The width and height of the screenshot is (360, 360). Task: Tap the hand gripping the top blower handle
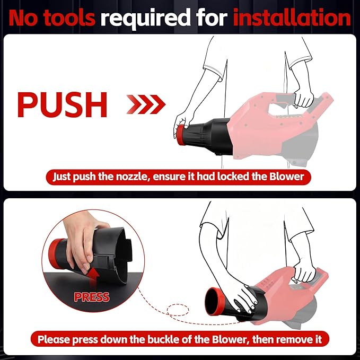coord(303,98)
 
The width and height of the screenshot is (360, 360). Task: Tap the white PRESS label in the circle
coord(91,297)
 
